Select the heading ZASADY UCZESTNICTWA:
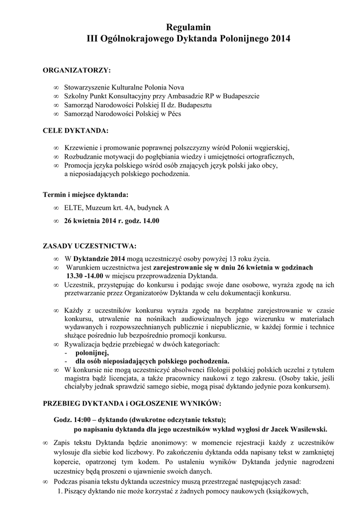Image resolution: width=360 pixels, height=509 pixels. (90, 246)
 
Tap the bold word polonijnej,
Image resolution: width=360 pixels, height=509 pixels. (92, 352)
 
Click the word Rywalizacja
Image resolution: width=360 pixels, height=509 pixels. (83, 344)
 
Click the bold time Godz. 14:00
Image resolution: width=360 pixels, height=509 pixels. (74, 419)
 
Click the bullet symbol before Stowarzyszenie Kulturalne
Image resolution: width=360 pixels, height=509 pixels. (56, 87)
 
